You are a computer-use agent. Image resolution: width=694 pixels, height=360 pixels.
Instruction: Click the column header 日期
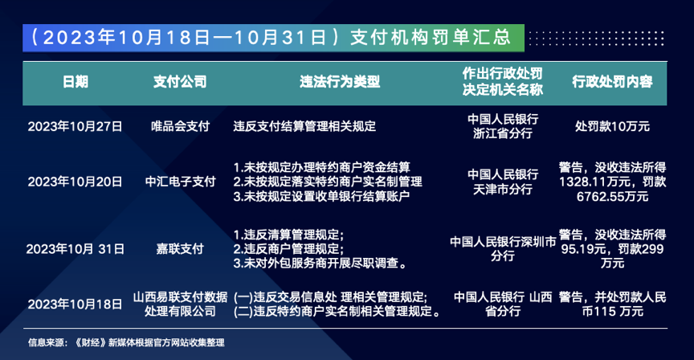76,82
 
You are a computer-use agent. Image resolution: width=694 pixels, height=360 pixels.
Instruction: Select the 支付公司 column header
180,82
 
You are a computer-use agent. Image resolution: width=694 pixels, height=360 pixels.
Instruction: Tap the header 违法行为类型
340,82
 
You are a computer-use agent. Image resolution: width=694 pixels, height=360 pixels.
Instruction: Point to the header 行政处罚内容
612,82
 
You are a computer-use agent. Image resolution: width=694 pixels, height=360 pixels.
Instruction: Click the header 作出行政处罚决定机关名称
503,82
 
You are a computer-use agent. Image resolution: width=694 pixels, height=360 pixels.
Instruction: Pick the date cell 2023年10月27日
75,127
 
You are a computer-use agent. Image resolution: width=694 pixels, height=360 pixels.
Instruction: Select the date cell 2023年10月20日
75,182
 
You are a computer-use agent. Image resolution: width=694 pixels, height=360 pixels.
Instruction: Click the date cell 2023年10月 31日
76,249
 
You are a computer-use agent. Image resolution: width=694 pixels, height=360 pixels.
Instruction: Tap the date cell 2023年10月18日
75,305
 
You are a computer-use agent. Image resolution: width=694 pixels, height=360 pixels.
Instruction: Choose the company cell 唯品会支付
180,127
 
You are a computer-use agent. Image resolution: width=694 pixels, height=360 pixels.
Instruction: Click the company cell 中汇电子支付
180,182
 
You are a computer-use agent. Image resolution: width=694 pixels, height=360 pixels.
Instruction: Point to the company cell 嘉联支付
180,249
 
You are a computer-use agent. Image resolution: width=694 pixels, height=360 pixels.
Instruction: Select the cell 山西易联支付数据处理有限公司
180,305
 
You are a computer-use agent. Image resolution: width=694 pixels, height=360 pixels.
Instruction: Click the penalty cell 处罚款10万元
612,127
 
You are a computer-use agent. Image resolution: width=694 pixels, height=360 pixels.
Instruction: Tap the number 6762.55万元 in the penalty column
612,196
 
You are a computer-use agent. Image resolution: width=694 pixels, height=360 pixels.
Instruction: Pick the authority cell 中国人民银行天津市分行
503,182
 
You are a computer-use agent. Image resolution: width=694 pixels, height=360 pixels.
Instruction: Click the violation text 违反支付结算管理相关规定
304,127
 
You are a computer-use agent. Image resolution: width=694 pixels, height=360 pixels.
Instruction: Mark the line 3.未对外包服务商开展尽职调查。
320,264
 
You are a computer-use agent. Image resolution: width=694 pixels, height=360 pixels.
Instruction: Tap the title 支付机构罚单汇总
431,38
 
